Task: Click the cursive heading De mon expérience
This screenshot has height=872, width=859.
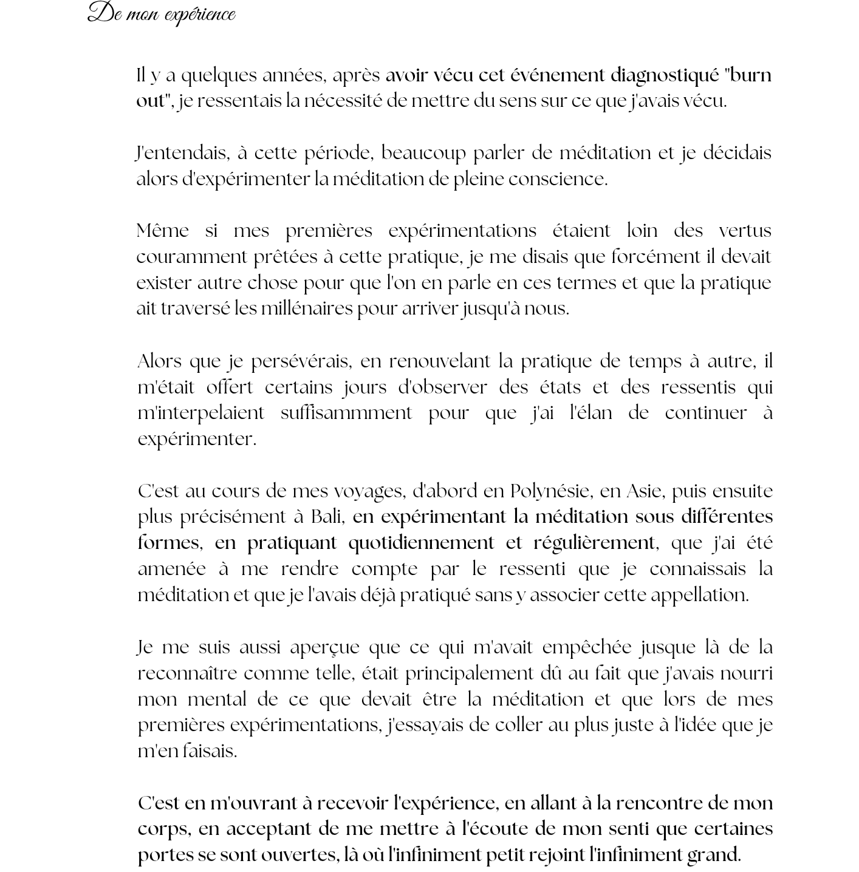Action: coord(162,14)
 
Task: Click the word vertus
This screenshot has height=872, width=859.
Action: coord(745,231)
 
